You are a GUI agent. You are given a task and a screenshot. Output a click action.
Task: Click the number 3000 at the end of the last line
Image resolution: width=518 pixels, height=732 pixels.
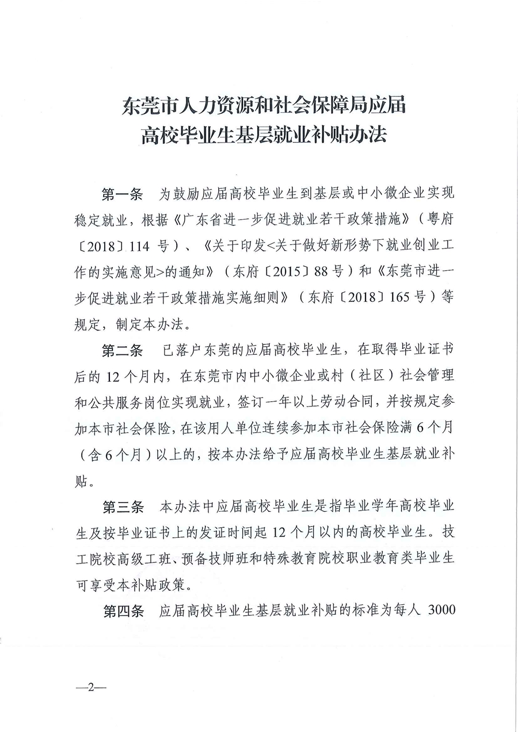pyautogui.click(x=441, y=611)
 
